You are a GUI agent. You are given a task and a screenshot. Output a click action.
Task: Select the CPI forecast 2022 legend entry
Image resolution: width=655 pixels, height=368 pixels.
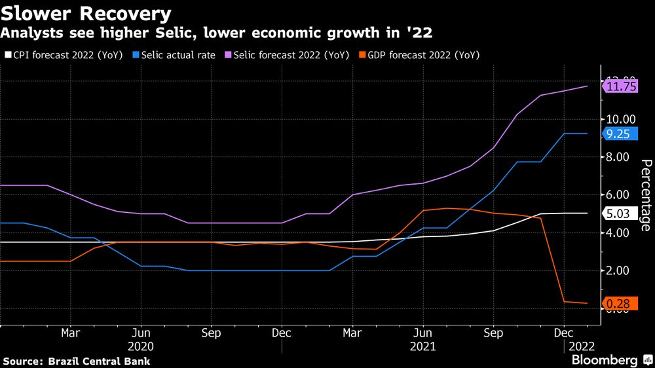[x=63, y=55]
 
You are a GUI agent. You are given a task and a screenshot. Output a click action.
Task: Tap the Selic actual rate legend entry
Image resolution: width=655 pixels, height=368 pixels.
[x=174, y=55]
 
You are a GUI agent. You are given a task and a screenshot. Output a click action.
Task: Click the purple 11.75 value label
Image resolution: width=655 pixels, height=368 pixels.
[x=622, y=86]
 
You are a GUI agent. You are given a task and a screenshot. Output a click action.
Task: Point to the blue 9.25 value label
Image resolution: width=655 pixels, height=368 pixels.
[x=620, y=134]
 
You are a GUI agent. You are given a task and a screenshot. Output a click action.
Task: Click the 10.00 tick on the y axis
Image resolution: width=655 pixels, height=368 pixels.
[x=620, y=119]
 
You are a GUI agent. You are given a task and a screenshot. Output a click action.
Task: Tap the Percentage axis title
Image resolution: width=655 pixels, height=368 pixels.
[x=645, y=195]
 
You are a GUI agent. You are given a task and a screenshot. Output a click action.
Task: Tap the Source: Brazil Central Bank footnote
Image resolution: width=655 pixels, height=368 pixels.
[x=77, y=361]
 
